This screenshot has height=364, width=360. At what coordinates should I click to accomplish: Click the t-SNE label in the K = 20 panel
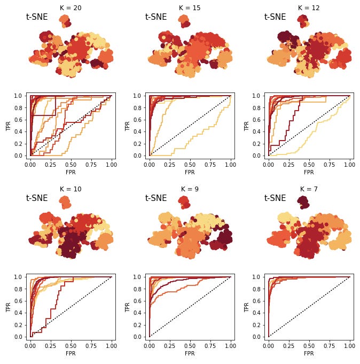tap(37, 17)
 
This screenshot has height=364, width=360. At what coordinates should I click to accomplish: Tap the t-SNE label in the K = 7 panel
tap(275, 198)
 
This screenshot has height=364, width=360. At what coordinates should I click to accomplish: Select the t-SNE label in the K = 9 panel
tap(156, 198)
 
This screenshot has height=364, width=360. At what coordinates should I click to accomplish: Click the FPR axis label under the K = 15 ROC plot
tap(190, 173)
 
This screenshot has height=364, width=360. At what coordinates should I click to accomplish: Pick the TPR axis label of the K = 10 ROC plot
tap(8, 307)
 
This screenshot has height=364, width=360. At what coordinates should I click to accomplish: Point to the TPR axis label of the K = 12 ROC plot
tap(246, 126)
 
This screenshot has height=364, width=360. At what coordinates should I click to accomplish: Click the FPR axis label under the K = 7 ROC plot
tap(309, 354)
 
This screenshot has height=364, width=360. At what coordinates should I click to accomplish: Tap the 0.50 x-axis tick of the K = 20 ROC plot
tap(71, 165)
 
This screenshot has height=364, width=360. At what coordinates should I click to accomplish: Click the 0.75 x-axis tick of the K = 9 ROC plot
tap(210, 346)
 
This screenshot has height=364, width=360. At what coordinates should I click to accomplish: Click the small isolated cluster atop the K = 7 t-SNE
tap(303, 202)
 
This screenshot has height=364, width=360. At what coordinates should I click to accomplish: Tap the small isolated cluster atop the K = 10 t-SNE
tap(65, 202)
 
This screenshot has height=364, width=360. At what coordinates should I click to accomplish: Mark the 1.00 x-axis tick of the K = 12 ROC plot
tap(349, 165)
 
